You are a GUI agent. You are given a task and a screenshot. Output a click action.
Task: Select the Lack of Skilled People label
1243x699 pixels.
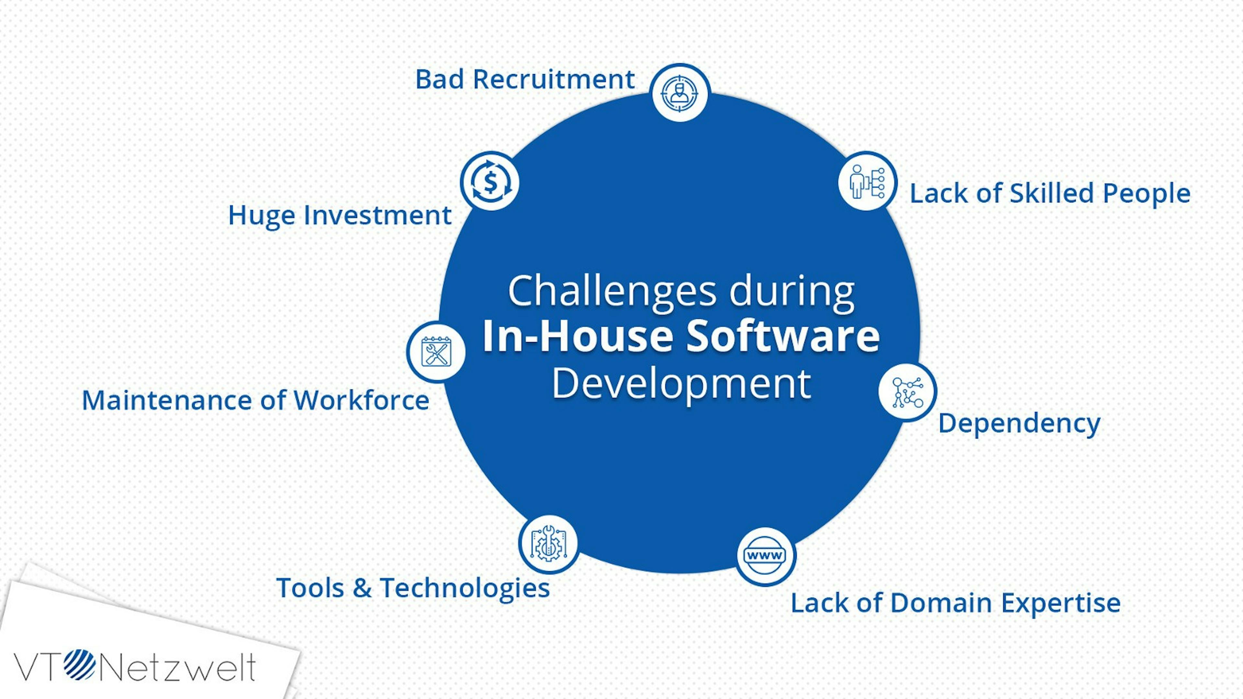point(1050,194)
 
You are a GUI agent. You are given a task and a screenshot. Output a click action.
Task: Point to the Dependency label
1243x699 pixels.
point(1019,424)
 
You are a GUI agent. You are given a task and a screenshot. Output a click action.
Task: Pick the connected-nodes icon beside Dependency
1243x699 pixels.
point(907,392)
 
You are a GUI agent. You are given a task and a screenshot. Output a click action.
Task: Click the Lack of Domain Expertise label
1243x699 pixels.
point(956,603)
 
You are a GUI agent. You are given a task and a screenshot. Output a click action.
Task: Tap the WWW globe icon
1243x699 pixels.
point(765,556)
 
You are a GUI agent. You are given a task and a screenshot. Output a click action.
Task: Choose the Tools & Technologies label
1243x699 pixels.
point(413,588)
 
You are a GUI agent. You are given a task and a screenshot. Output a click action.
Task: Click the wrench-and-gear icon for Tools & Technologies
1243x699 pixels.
point(549,544)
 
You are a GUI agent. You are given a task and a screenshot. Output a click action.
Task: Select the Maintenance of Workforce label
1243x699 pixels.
point(255,400)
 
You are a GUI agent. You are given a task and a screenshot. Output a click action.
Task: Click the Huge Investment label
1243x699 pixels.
point(340,215)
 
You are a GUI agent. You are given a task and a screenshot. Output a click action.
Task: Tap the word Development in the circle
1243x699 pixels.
point(681,384)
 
